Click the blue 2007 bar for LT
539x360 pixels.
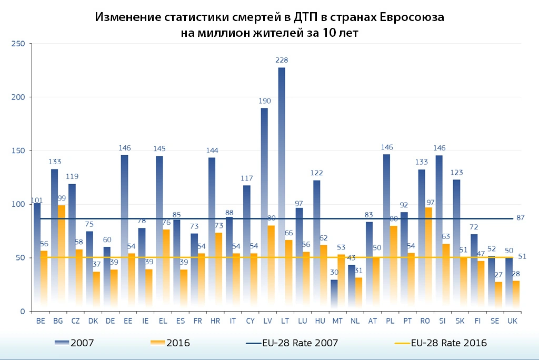click(x=282, y=184)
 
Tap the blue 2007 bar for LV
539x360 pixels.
click(x=264, y=205)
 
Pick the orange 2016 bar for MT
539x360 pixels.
click(x=341, y=282)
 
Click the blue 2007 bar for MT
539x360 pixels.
click(x=334, y=295)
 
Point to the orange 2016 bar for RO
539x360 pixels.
click(x=428, y=258)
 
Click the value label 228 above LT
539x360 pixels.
click(x=282, y=61)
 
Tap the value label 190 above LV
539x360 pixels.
click(x=264, y=101)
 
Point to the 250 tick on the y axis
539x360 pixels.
click(x=18, y=44)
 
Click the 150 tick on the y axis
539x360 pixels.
click(x=18, y=151)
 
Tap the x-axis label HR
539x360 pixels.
click(x=215, y=321)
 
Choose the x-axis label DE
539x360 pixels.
click(x=110, y=321)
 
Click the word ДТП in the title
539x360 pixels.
click(x=303, y=17)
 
